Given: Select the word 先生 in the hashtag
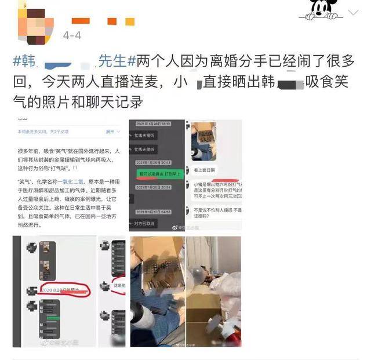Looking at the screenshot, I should click(111, 60).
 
